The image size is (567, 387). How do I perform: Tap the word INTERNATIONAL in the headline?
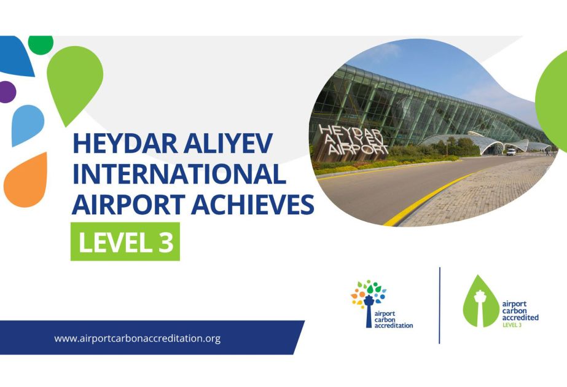(179, 174)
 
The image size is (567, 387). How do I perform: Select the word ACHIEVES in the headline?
(252, 205)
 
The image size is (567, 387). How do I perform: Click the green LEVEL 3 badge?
(125, 241)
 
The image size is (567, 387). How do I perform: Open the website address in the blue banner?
(138, 338)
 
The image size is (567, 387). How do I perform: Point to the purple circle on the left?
(7, 92)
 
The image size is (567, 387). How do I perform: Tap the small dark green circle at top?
(41, 44)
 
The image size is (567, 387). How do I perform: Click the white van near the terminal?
(511, 152)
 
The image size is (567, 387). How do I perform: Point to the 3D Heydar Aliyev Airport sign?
(352, 141)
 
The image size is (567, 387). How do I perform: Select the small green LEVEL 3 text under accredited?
(512, 325)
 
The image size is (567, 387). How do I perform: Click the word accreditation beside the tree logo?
(393, 326)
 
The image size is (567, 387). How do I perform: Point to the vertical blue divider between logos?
(439, 305)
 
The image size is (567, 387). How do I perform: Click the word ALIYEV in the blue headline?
(228, 143)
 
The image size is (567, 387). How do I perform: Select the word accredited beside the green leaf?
(520, 318)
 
